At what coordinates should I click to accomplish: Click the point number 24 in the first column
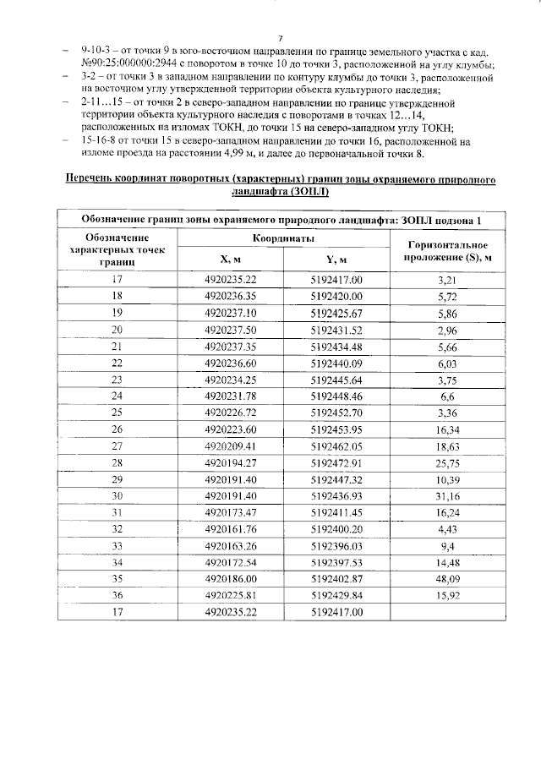(117, 396)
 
